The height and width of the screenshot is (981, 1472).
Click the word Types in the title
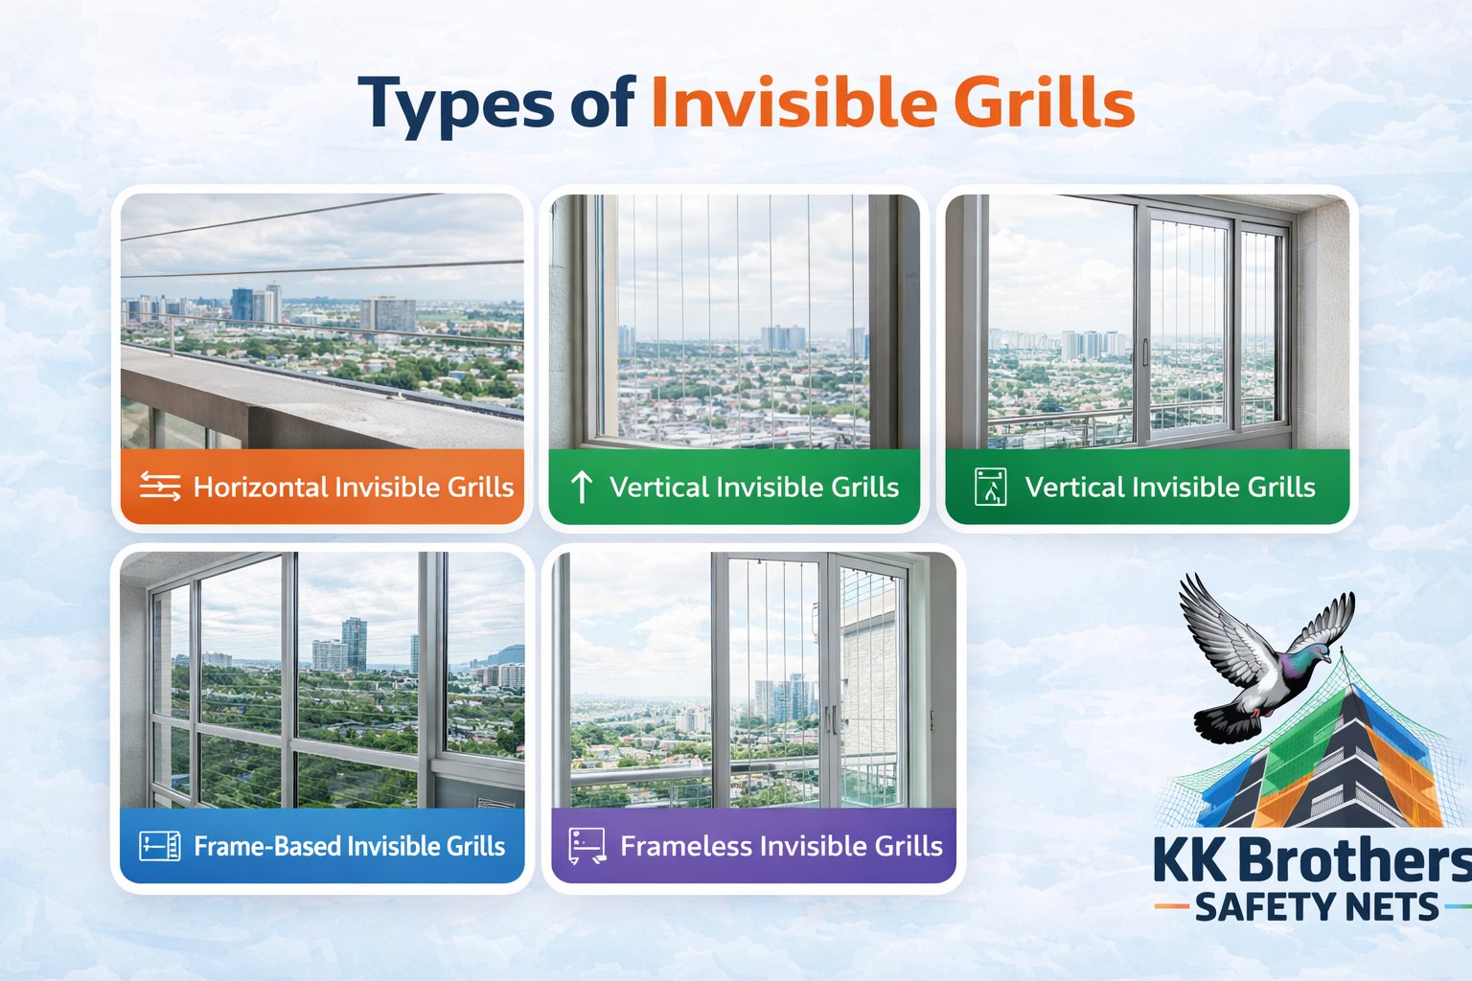tap(456, 103)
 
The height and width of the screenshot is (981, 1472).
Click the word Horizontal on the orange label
tap(261, 487)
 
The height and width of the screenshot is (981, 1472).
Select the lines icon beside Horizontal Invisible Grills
tap(160, 487)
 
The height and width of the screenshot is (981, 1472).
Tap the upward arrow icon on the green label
tap(582, 487)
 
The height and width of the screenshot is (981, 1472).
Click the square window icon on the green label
tap(990, 487)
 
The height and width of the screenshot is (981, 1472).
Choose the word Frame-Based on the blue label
tap(267, 846)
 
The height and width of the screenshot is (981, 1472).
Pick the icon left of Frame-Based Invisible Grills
tap(159, 846)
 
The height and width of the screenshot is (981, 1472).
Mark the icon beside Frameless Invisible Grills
tap(586, 846)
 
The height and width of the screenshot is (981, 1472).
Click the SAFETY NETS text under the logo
tap(1317, 906)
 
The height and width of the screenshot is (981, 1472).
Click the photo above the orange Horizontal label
tap(322, 321)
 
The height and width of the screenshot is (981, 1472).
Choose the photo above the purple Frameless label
tap(753, 680)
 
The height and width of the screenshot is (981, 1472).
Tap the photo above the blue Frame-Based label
tap(322, 680)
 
